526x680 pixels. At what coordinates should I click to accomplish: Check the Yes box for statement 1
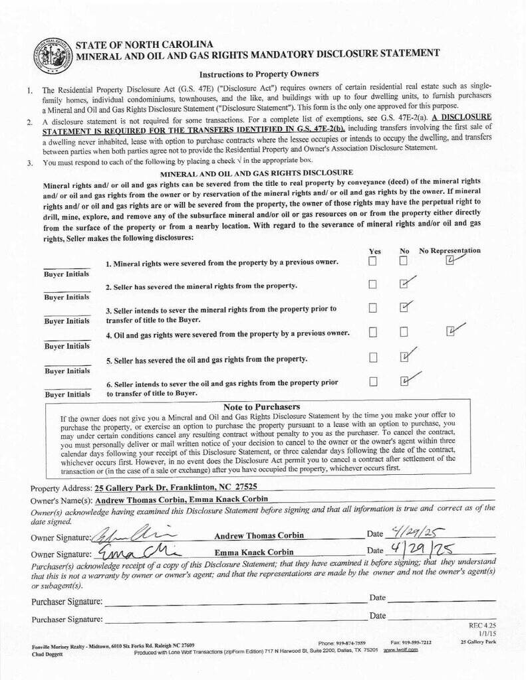(372, 261)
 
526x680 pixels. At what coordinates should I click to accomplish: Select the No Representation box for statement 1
(450, 261)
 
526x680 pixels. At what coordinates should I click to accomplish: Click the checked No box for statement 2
(404, 284)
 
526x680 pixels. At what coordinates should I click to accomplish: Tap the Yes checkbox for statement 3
(372, 307)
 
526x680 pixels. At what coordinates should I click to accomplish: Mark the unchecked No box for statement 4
(404, 331)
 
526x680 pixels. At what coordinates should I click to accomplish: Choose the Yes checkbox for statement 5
(372, 357)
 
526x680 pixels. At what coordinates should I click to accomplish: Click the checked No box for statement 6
(404, 381)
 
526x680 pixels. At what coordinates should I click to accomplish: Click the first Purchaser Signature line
(233, 602)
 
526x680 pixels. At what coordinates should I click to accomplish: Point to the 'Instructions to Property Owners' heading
(259, 74)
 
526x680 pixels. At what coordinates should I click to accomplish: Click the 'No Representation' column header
(450, 250)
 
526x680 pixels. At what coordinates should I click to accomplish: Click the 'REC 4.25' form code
(482, 626)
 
